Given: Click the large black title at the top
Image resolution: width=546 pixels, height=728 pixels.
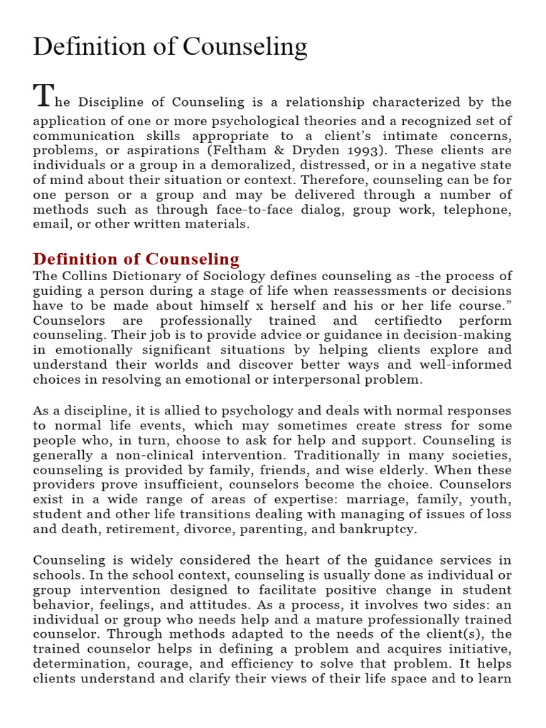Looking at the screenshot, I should tap(170, 47).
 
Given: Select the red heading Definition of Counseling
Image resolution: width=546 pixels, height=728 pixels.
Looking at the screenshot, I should tap(136, 259).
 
